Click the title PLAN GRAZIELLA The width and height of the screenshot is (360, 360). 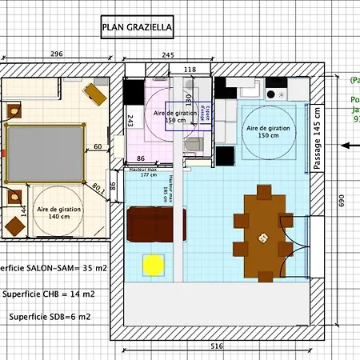click(x=137, y=29)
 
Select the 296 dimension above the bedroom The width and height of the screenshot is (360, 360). click(x=56, y=54)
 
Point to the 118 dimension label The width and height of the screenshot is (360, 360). click(x=190, y=70)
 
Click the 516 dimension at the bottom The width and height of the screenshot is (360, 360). click(x=217, y=346)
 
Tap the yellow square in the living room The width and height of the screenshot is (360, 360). click(x=153, y=263)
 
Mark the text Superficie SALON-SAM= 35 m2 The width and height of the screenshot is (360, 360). click(x=48, y=269)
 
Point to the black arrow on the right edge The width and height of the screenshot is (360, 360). click(x=349, y=145)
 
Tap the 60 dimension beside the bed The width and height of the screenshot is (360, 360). click(x=98, y=146)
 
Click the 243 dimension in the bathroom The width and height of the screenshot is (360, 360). click(x=130, y=120)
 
